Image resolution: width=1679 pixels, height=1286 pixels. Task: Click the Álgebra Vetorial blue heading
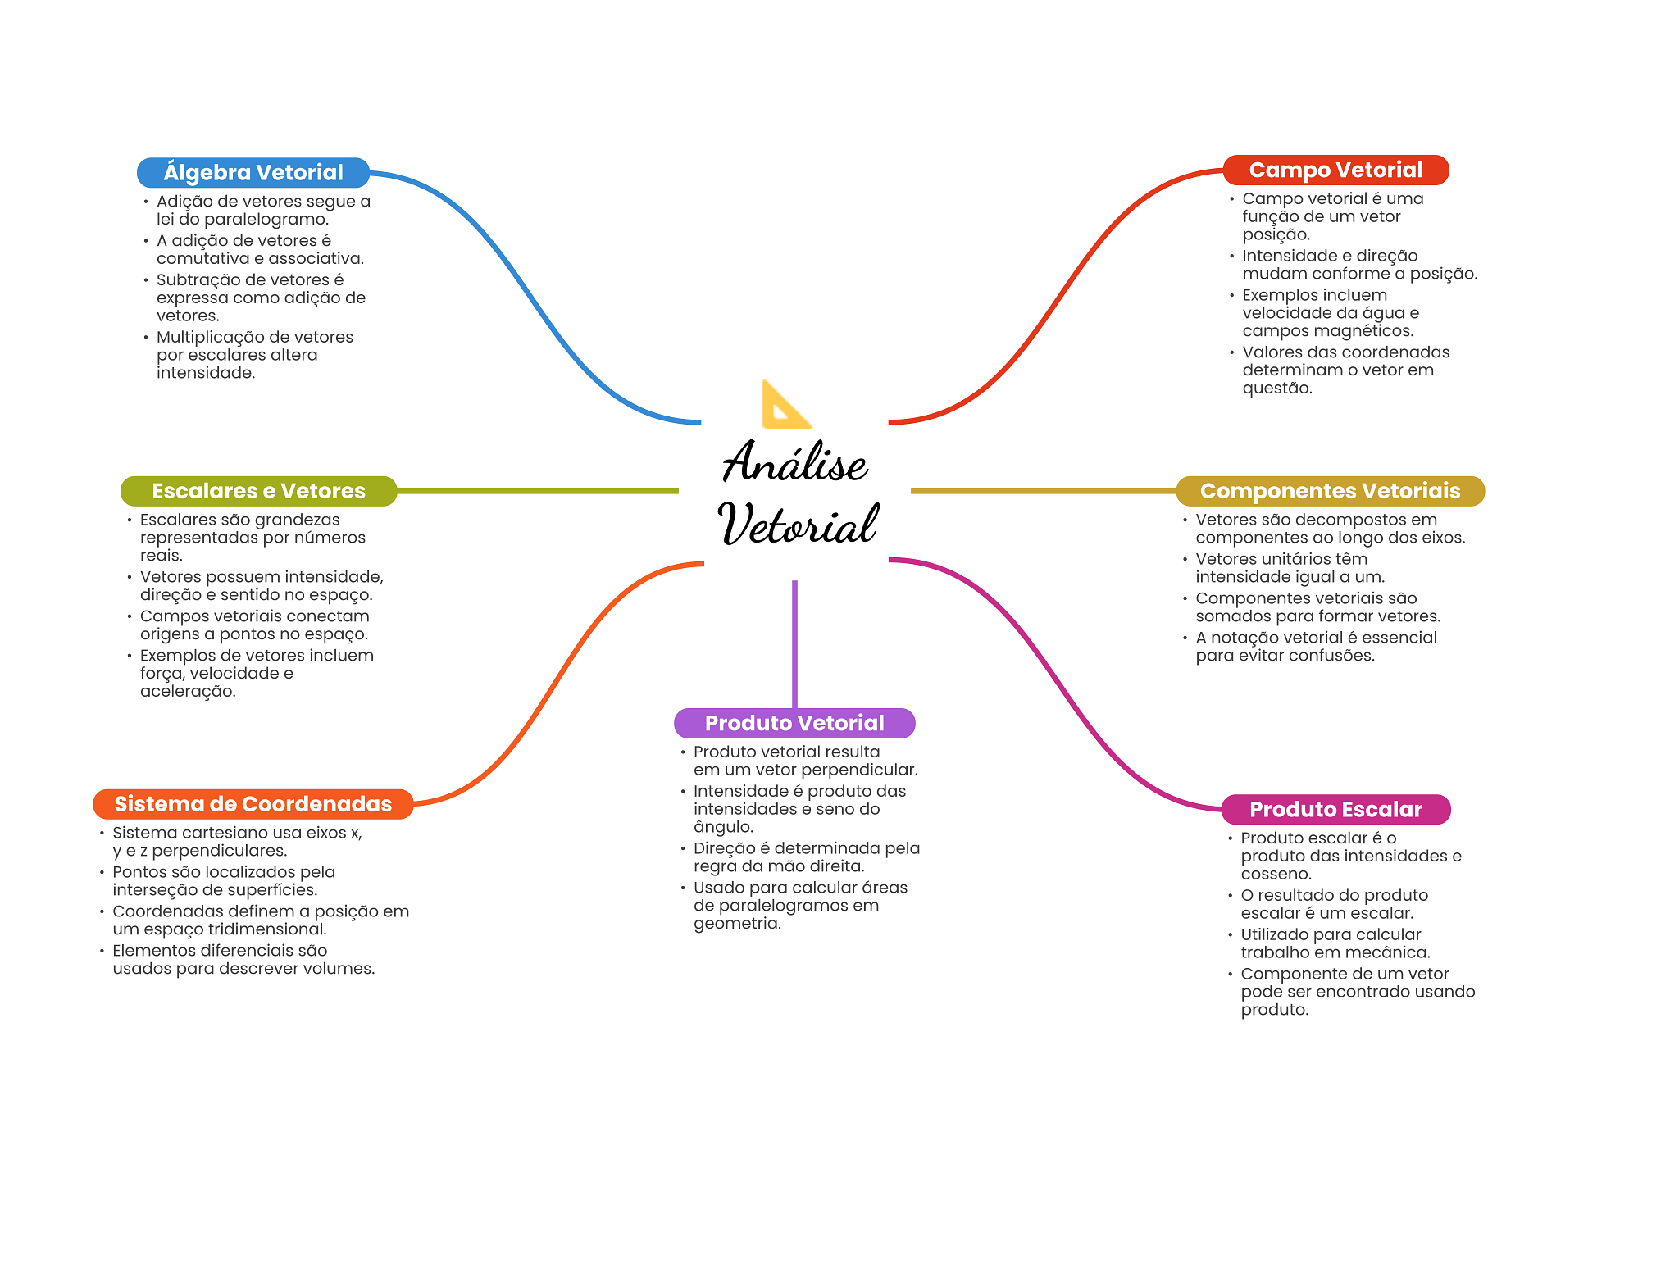click(253, 172)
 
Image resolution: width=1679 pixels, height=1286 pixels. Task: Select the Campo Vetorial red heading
click(1335, 170)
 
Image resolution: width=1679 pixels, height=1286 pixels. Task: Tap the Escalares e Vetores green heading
click(258, 491)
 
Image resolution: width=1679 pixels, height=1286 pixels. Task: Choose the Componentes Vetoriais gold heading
click(1330, 491)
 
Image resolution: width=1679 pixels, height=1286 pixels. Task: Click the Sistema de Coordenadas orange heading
click(253, 804)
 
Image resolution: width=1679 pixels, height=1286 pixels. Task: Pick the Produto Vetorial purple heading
click(794, 723)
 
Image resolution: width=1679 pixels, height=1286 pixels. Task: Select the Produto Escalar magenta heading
click(1335, 809)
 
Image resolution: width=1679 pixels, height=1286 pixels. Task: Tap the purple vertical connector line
click(794, 643)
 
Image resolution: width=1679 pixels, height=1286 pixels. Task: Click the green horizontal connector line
click(537, 491)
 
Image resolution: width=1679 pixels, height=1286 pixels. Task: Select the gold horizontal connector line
click(1043, 491)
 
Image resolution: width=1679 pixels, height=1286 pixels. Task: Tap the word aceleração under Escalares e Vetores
click(187, 692)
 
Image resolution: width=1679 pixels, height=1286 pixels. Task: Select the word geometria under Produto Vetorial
click(736, 924)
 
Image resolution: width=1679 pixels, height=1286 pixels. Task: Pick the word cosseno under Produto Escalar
click(1275, 875)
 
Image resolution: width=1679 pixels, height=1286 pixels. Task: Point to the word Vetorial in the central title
click(799, 525)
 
